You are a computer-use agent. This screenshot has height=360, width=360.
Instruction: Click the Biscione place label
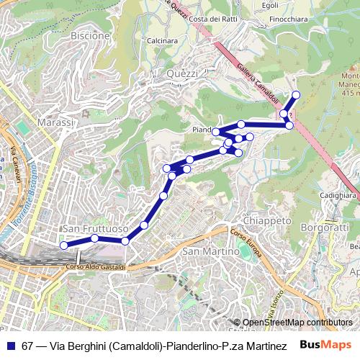point(91,35)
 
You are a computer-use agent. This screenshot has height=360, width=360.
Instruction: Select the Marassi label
point(55,122)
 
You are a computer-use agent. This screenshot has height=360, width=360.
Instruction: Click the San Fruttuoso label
point(96,228)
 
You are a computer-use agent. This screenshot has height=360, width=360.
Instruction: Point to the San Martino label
point(210,252)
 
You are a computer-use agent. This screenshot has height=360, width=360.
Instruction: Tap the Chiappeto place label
point(266,220)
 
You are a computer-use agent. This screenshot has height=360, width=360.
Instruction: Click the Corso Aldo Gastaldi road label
point(96,267)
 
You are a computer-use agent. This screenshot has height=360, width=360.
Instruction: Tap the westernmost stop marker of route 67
point(63,246)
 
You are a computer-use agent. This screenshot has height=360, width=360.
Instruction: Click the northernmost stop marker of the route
point(296,95)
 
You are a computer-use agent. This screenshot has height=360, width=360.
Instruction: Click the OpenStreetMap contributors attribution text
point(297,322)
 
